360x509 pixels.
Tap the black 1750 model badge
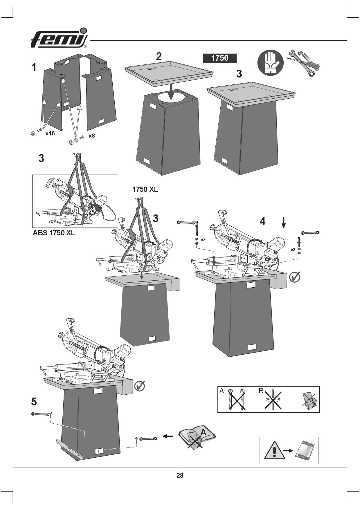pos(219,58)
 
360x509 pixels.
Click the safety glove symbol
pos(270,63)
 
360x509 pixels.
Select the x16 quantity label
pos(50,133)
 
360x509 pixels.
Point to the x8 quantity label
pos(92,136)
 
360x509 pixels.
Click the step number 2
pos(159,56)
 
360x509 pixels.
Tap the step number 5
pos(34,402)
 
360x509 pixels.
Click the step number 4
pos(262,221)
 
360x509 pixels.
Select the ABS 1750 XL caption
pos(54,233)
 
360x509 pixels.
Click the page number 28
pos(180,475)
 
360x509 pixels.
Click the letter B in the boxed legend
pos(261,391)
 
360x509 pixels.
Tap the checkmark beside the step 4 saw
pos(295,277)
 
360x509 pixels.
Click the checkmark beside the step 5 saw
pos(140,386)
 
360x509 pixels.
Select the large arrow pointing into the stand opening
pos(172,92)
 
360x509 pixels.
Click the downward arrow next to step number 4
pos(284,222)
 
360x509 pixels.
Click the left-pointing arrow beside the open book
pos(168,436)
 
